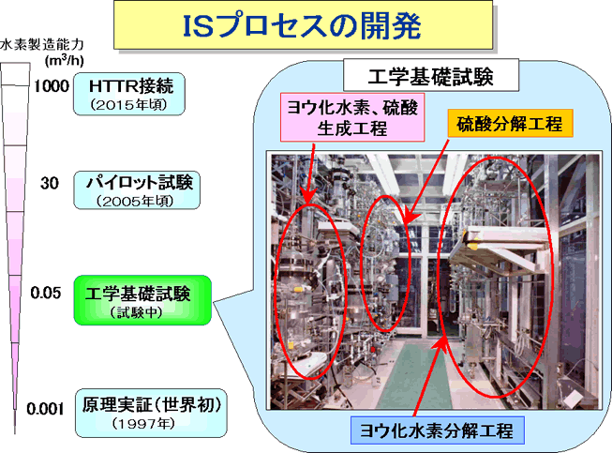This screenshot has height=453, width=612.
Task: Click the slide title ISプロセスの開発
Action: click(303, 25)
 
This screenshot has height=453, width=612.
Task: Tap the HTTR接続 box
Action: click(129, 94)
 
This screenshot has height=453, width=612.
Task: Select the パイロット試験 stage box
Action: click(137, 189)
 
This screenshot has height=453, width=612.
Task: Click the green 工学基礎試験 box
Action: click(142, 300)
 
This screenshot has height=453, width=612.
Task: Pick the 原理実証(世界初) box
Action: click(151, 413)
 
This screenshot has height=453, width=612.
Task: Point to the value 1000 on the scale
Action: click(52, 86)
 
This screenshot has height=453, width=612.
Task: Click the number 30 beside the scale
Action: click(50, 183)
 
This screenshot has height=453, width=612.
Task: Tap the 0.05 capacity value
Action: click(46, 293)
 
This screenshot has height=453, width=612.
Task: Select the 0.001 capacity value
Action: click(45, 409)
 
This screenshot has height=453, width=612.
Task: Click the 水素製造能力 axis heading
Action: click(42, 44)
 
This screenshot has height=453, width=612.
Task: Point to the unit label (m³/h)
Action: click(64, 61)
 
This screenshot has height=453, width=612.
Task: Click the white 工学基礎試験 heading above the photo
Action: click(431, 75)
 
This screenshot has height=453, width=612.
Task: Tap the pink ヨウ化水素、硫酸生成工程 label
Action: click(352, 117)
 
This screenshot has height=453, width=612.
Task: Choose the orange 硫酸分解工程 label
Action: click(510, 124)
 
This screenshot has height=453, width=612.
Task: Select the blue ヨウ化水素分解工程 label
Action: click(437, 430)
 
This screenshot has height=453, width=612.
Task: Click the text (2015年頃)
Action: click(128, 105)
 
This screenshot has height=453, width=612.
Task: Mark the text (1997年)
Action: click(143, 423)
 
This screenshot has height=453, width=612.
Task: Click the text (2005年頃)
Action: click(136, 201)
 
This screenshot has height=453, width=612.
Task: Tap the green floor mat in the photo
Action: click(414, 375)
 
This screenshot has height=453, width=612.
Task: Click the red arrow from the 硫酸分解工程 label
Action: click(426, 182)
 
